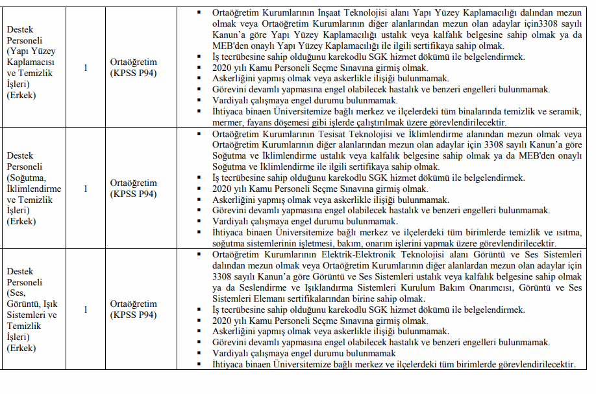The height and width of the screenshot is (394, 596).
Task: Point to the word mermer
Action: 227,122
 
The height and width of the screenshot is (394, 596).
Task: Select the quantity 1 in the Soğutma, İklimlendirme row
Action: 86,189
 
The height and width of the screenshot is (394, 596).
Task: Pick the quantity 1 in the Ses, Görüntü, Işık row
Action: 86,309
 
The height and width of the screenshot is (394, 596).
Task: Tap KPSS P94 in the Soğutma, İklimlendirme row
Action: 133,194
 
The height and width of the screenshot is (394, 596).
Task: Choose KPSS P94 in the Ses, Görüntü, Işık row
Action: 133,315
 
